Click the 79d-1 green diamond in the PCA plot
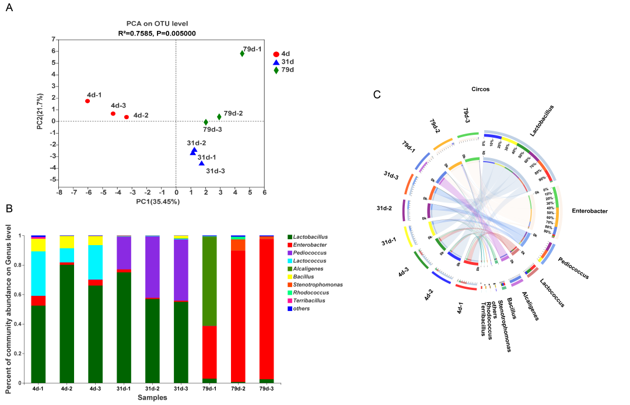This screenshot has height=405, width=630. pyautogui.click(x=242, y=54)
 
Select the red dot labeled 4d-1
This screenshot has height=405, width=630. pyautogui.click(x=87, y=101)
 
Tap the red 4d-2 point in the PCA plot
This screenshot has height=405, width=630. pyautogui.click(x=127, y=117)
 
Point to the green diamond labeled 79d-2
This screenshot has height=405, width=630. pyautogui.click(x=219, y=117)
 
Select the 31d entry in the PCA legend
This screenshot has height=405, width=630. pyautogui.click(x=283, y=62)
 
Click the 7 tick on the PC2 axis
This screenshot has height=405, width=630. pyautogui.click(x=54, y=39)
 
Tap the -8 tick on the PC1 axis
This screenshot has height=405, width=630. pyautogui.click(x=59, y=191)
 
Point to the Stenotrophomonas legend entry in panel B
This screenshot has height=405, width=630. pyautogui.click(x=318, y=285)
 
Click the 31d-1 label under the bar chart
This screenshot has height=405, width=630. pyautogui.click(x=124, y=388)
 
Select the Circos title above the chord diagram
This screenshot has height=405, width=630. pyautogui.click(x=481, y=89)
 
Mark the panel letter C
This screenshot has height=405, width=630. pyautogui.click(x=377, y=95)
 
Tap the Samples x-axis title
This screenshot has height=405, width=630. pyautogui.click(x=152, y=397)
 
